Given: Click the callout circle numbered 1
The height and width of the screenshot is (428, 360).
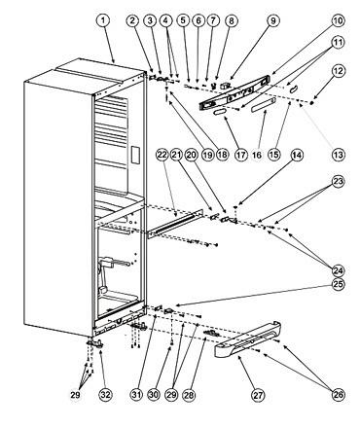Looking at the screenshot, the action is [x=103, y=20].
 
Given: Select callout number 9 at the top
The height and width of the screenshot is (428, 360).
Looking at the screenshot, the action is [x=272, y=20].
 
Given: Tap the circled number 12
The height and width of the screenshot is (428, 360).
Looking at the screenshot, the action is [x=339, y=71].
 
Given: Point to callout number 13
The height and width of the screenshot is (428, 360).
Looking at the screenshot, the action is [x=339, y=155].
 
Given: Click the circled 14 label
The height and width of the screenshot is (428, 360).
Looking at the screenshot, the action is [x=297, y=156].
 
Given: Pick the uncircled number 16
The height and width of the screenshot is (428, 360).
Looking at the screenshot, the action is [x=257, y=155].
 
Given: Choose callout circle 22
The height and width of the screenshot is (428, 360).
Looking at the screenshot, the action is [x=162, y=155].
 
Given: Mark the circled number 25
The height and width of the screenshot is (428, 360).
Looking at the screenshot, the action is [x=339, y=284].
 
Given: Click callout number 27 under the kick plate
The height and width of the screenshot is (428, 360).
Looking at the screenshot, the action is [x=259, y=395].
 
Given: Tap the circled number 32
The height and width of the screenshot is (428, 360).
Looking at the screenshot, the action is [x=106, y=395].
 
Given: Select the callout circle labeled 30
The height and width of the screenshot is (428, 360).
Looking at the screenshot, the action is [x=154, y=395].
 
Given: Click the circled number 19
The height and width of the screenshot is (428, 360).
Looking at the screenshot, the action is [x=207, y=155].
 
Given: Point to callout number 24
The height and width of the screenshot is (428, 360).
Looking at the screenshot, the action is [x=339, y=270].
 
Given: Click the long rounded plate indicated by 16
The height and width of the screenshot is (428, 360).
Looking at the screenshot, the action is [x=264, y=105].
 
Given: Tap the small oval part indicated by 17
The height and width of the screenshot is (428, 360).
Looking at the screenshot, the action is [x=219, y=112].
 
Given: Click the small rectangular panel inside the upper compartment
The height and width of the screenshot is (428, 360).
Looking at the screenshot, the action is [x=135, y=155].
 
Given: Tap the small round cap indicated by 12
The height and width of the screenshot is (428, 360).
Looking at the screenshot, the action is [x=312, y=103].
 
